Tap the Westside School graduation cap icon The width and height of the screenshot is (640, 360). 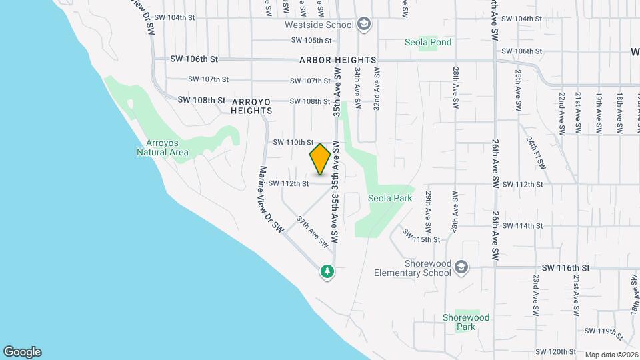[364, 25]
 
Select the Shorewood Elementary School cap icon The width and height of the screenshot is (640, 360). [461, 268]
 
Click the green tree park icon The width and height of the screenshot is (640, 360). [327, 271]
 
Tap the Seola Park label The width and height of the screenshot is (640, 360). [390, 198]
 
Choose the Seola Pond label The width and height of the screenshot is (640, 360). [428, 42]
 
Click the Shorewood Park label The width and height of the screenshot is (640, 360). [467, 323]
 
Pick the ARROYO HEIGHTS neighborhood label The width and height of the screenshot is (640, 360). [251, 106]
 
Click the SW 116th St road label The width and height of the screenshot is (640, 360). [566, 267]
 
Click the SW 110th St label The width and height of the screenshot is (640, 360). [293, 142]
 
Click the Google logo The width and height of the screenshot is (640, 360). [22, 352]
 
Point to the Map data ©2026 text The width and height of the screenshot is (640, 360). [611, 355]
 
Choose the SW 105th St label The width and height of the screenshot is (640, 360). [311, 40]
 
